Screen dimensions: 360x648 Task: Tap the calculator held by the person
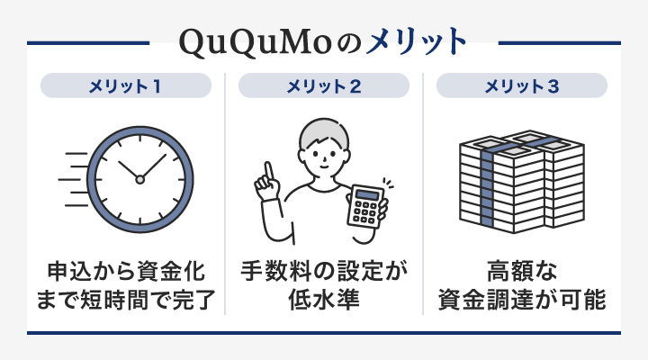pos(364,208)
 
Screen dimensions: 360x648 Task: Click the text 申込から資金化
pos(127,269)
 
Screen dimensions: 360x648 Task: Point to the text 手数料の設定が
pos(324,269)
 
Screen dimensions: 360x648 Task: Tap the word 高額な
pos(522,269)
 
